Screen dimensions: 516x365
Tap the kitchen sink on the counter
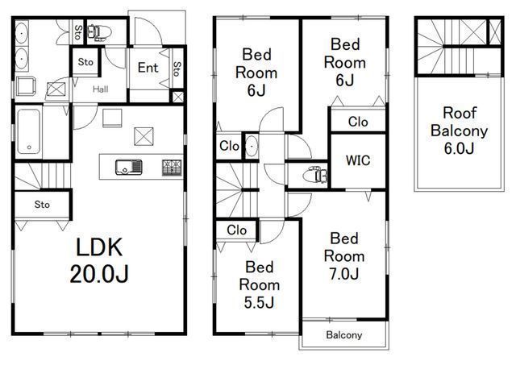pos(129,167)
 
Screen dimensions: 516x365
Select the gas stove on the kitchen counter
pos(172,167)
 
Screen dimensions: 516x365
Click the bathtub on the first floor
pos(29,131)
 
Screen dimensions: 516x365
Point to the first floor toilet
pos(99,33)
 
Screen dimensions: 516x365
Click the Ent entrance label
pos(148,68)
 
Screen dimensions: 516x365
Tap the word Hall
pos(100,89)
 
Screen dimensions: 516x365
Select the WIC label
pos(358,160)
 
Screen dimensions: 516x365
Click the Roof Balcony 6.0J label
pos(460,131)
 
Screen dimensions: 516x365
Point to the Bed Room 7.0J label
pos(344,256)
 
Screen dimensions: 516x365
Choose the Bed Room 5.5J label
pos(260,284)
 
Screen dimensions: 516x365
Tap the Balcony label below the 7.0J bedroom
pos(344,335)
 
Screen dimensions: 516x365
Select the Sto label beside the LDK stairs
pos(42,205)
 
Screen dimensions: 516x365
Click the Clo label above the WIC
pos(358,122)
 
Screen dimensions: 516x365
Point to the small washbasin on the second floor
pos(252,146)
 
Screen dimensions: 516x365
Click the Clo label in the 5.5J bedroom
pos(236,230)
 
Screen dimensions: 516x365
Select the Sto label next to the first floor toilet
pos(78,32)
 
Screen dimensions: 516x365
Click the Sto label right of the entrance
pos(177,69)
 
